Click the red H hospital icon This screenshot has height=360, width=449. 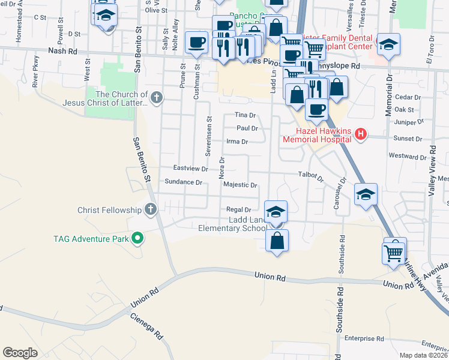click(x=360, y=134)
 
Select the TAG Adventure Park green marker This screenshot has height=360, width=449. click(x=137, y=239)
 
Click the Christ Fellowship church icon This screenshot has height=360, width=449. click(x=150, y=210)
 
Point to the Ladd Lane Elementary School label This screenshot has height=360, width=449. click(x=233, y=223)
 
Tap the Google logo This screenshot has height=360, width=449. click(x=20, y=352)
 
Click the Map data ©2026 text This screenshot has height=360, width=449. click(x=423, y=355)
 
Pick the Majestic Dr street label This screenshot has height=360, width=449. click(x=240, y=185)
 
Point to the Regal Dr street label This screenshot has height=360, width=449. click(x=238, y=209)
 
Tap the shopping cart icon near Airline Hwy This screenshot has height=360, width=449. click(x=394, y=252)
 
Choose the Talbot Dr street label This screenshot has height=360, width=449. click(x=311, y=176)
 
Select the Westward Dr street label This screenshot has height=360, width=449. click(x=403, y=156)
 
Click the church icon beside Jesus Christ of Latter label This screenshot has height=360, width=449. click(x=157, y=96)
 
